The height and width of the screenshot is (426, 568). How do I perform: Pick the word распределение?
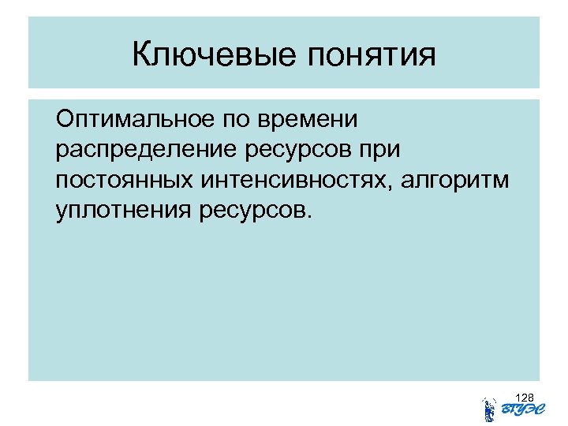pos(147,151)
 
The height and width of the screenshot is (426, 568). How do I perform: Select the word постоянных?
pos(127,181)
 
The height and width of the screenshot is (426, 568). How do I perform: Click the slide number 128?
pos(525,396)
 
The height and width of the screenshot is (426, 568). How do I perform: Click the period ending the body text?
pos(309,218)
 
